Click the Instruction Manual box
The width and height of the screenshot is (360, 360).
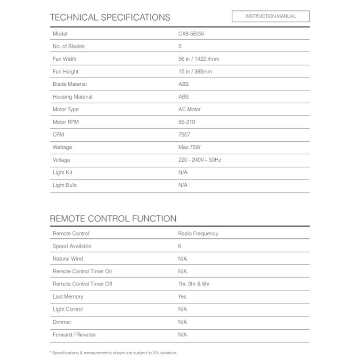[x=270, y=16]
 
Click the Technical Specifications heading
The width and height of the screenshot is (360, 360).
[x=110, y=17]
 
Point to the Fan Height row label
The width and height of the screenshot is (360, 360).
[x=65, y=72]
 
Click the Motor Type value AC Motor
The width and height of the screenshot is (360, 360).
[x=189, y=109]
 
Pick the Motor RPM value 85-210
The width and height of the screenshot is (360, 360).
[x=186, y=122]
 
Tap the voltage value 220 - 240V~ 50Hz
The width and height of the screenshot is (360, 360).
[x=199, y=160]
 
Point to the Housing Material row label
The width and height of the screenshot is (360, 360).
[x=73, y=97]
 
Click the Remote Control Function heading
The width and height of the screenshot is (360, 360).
[x=113, y=219]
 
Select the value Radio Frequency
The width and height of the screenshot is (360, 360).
[x=198, y=234]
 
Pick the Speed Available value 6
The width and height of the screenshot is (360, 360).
[x=180, y=246]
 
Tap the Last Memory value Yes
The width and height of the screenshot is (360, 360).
[x=182, y=297]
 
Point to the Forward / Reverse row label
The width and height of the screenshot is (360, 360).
[x=74, y=335]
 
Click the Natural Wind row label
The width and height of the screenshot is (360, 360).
[x=68, y=259]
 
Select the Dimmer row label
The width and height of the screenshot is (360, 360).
[x=62, y=322]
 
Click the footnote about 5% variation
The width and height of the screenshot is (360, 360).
[x=113, y=352]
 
